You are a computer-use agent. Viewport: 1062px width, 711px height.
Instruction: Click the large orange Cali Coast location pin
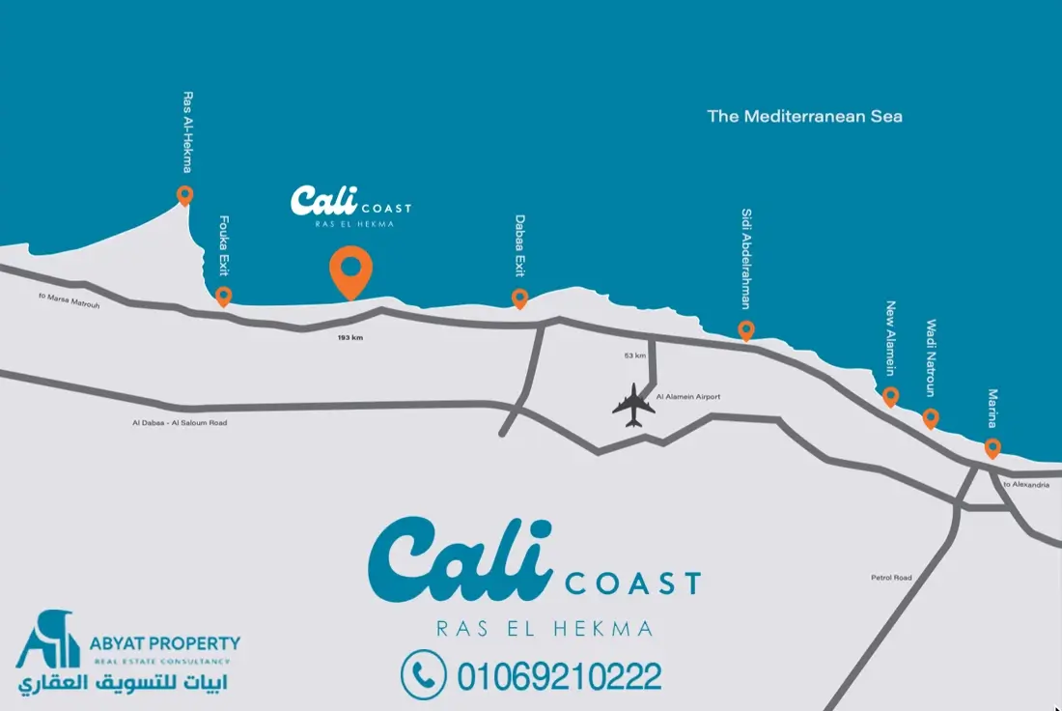tap(350, 270)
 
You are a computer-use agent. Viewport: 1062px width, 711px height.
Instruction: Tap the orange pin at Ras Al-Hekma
tap(184, 195)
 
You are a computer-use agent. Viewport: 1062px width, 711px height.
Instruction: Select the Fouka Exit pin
tap(223, 296)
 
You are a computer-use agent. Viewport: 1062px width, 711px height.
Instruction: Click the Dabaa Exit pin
tap(519, 298)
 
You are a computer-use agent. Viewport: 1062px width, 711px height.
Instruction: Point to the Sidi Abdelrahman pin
tap(746, 330)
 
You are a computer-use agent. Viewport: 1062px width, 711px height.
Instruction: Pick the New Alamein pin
tap(891, 396)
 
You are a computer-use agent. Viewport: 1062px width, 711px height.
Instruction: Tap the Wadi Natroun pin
tap(931, 418)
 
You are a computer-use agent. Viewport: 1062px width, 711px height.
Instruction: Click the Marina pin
tap(992, 448)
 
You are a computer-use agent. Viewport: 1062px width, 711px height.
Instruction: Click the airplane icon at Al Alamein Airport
tap(633, 405)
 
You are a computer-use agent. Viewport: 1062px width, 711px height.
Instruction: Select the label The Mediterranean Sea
tap(804, 116)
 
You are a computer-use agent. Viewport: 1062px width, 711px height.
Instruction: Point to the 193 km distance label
tap(350, 338)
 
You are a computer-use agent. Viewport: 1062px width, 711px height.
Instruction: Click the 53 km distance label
tap(635, 355)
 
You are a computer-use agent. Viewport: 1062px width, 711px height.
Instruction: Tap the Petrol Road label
tap(890, 578)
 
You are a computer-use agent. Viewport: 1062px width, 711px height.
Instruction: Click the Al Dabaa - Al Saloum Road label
tap(181, 423)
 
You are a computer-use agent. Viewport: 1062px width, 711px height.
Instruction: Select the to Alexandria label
tap(1025, 484)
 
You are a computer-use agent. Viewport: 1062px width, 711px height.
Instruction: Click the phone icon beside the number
tap(424, 674)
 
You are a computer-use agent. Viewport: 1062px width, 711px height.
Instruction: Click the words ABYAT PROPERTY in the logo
tap(167, 643)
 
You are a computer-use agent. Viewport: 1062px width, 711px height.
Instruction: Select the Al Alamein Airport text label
tap(688, 397)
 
